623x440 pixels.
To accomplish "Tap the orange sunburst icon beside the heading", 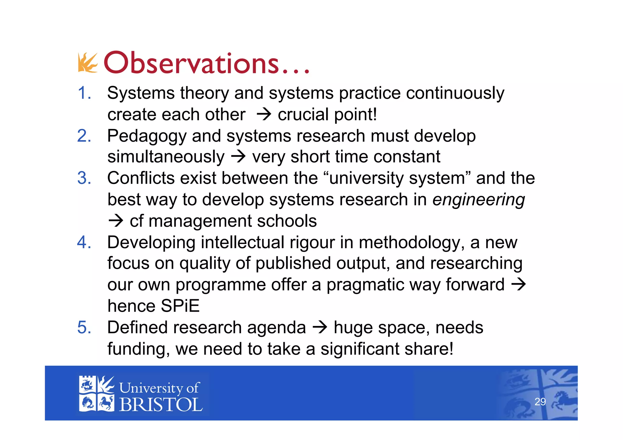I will point(88,63).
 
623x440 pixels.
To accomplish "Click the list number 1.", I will point(84,93).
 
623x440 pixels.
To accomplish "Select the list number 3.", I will point(84,178).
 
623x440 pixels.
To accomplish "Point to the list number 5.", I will point(84,327).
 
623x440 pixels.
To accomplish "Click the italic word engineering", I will point(479,200).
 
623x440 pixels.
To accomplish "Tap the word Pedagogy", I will point(147,136).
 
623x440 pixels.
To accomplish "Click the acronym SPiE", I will point(180,306).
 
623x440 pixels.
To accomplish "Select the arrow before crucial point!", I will point(264,115).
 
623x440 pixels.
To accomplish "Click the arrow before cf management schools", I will point(116,221).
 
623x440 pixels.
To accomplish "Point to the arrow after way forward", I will point(519,285).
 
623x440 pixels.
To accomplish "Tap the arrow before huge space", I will point(320,327).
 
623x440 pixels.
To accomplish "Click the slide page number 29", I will point(540,402).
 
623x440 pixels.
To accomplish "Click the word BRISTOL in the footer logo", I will point(161,405).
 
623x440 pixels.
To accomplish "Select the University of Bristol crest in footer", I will point(96,394).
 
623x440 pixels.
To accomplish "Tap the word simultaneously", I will point(166,157).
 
